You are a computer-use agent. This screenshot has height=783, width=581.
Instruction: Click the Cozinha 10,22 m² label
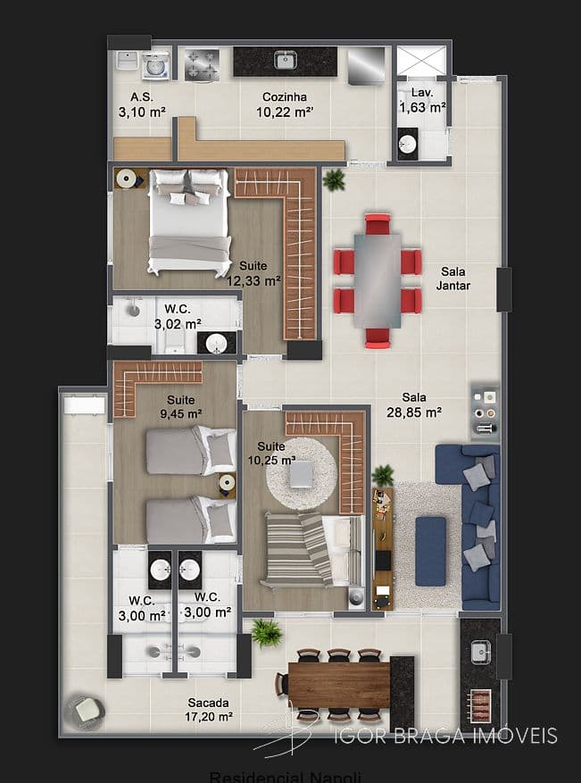coord(285,104)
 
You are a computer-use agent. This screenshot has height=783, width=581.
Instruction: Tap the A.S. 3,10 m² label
coord(142,104)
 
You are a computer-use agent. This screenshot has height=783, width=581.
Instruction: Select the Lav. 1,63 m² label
coord(422,100)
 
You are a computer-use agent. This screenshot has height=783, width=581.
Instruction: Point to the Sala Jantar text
coord(453,279)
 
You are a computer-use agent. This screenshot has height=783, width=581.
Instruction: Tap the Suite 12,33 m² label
coord(253,273)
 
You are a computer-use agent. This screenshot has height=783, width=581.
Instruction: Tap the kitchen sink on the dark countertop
coord(286,61)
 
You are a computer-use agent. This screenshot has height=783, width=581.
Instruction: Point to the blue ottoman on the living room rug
coord(430,551)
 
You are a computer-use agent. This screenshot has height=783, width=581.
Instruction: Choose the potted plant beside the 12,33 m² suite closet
coord(334,180)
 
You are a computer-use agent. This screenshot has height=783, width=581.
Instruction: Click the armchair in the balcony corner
coord(87,710)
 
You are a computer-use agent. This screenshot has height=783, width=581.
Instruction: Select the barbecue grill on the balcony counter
coord(480,704)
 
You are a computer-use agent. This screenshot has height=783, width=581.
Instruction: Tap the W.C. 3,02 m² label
coord(177,317)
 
